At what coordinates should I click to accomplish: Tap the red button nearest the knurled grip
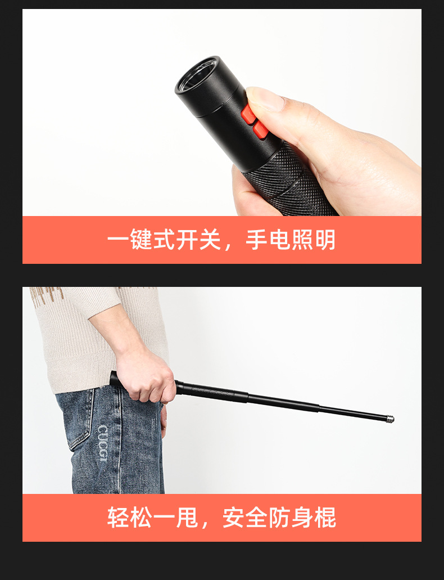[x=260, y=131]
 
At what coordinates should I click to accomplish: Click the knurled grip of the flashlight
[x=287, y=183]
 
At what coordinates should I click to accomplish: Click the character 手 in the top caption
[x=257, y=240]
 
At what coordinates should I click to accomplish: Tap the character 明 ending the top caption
[x=324, y=240]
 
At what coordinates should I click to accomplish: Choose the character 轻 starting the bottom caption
[x=119, y=518]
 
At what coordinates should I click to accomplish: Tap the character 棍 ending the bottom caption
[x=325, y=518]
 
